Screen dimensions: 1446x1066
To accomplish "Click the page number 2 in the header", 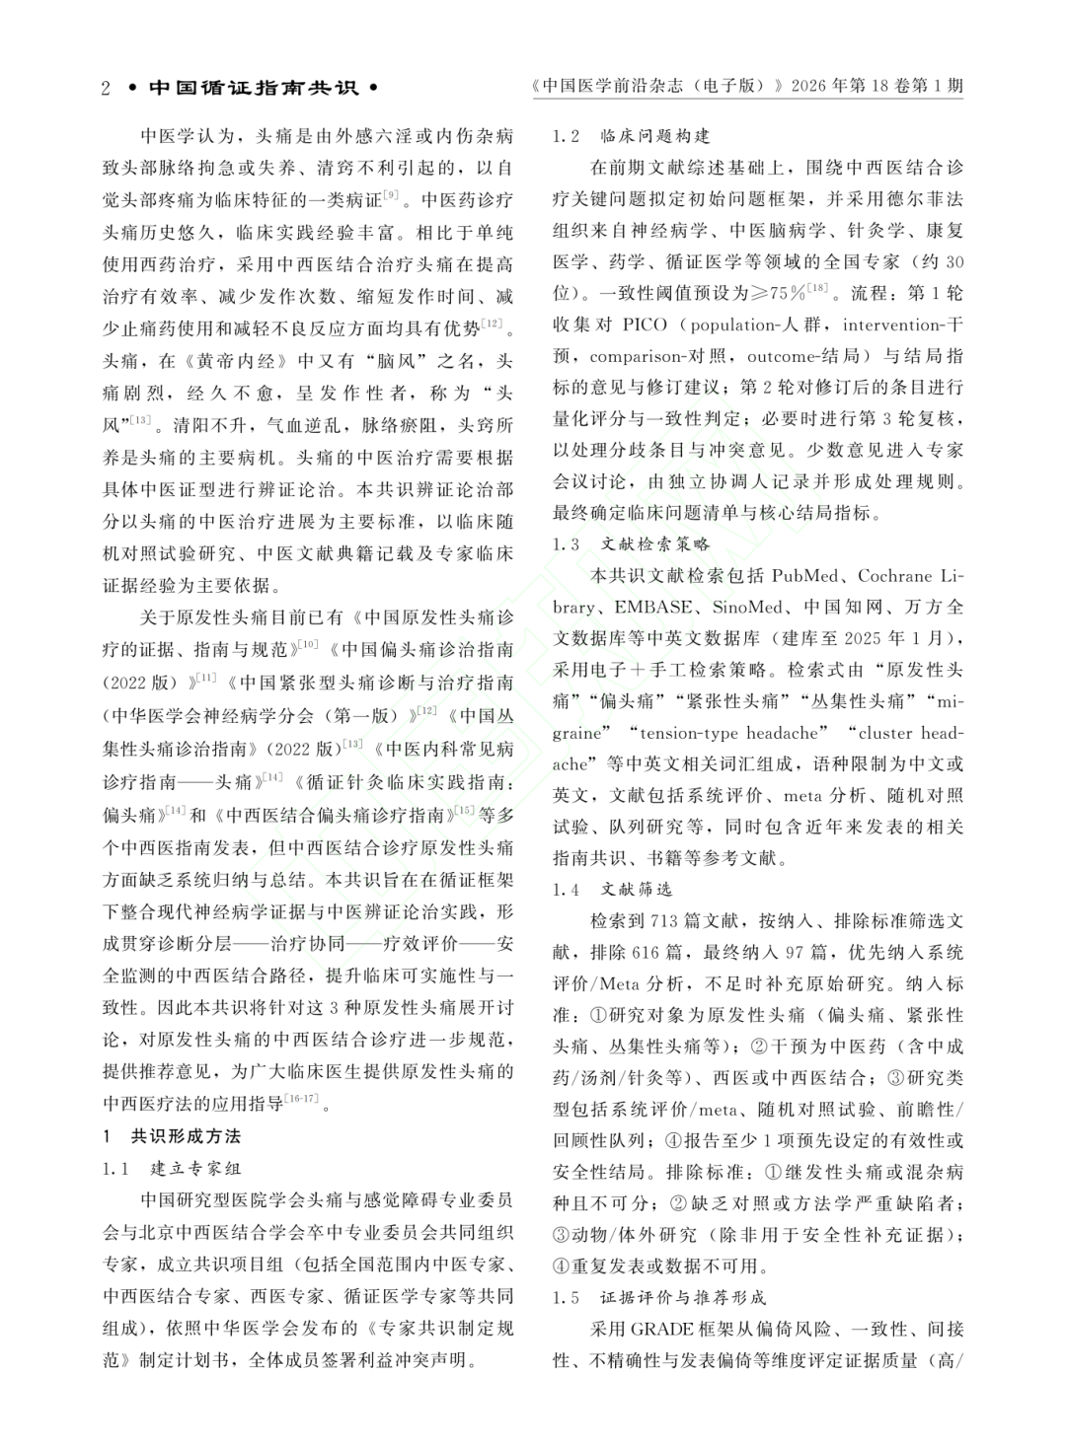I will (x=106, y=88).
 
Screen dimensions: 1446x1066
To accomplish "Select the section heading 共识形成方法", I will (x=186, y=1136).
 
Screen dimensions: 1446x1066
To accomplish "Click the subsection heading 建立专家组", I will (x=195, y=1169).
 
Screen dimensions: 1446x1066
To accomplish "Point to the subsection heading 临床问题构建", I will (x=655, y=135).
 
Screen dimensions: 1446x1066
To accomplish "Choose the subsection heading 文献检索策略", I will (x=655, y=543).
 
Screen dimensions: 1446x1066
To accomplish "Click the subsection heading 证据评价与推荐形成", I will (x=683, y=1297).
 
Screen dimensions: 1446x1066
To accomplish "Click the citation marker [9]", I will (x=391, y=194).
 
